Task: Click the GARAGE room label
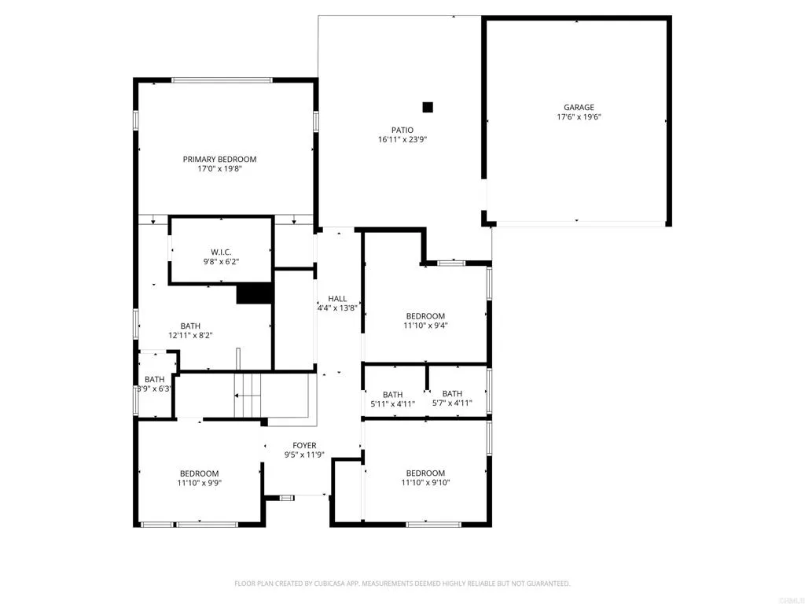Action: (x=579, y=108)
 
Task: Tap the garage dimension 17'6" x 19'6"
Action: (x=579, y=117)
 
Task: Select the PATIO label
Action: (x=402, y=131)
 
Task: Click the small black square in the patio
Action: (x=428, y=107)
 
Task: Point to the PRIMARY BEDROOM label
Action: (x=220, y=159)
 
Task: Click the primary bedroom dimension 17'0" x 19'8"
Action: (x=220, y=168)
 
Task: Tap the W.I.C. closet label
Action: (x=221, y=252)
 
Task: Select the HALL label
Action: (x=337, y=299)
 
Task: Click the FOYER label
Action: (x=304, y=445)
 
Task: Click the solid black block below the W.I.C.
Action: (x=254, y=293)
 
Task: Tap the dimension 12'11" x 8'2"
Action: (x=190, y=335)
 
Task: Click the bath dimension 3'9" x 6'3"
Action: (x=155, y=389)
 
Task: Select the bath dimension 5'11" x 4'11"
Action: (x=392, y=404)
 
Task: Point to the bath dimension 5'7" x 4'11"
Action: (x=452, y=404)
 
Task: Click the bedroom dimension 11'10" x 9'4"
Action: (x=425, y=326)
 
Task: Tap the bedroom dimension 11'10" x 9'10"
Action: (x=425, y=483)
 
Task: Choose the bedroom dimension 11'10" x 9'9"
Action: (x=199, y=484)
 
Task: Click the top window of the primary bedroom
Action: (x=222, y=80)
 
